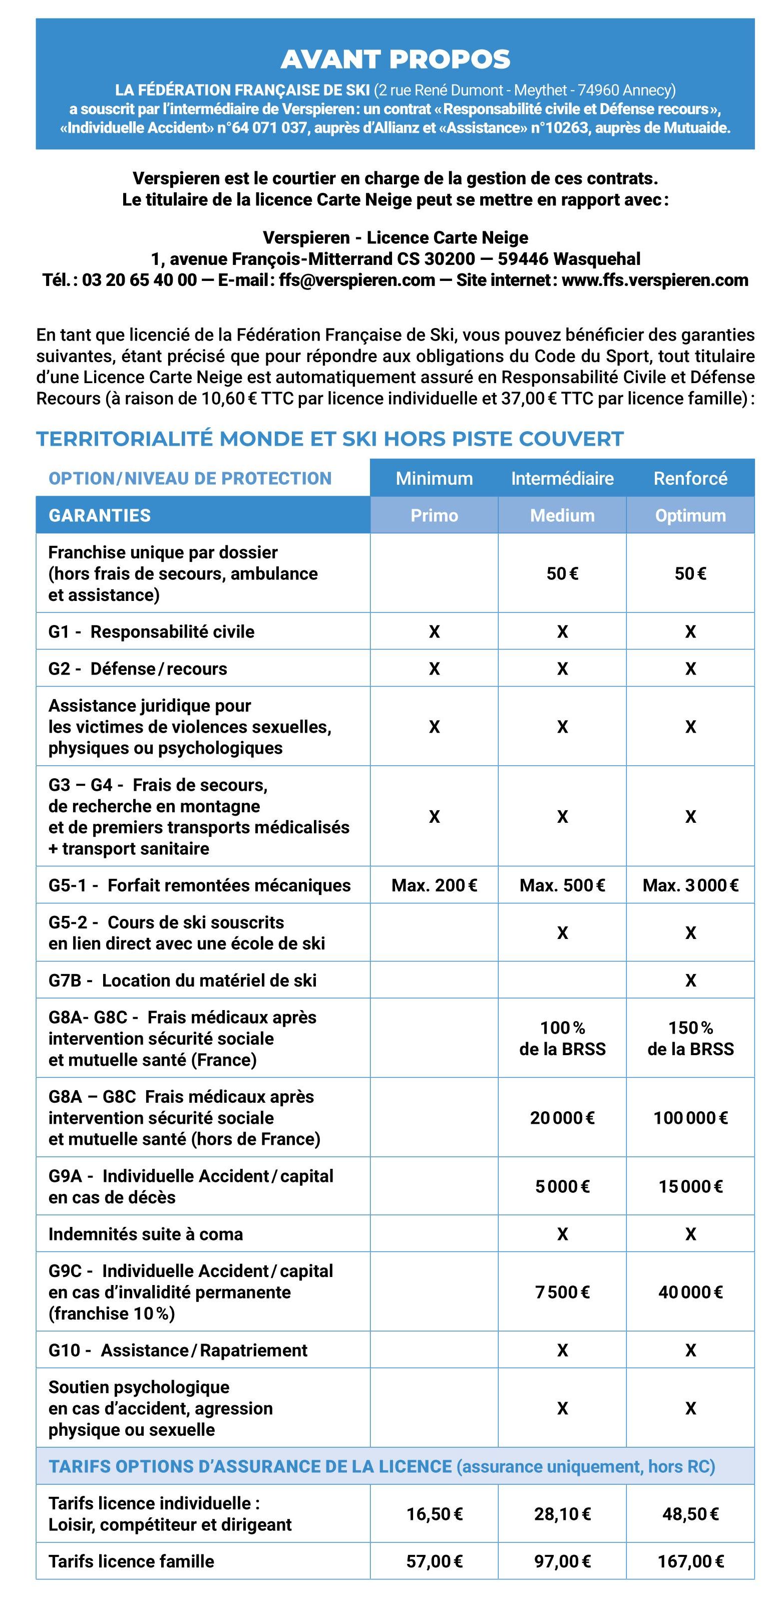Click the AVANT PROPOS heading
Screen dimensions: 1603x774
point(395,59)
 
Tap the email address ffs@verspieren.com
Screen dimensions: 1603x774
point(357,280)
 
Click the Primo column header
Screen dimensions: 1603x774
point(434,515)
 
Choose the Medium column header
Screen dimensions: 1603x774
point(562,515)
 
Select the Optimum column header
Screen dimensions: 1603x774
point(690,515)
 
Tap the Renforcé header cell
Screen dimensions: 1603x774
point(690,478)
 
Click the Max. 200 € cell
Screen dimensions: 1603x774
point(434,885)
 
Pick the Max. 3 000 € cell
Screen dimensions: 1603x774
point(690,885)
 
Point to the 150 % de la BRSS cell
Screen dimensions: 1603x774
point(690,1038)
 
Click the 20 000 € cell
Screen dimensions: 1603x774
point(562,1118)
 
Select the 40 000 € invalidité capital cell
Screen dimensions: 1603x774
point(690,1292)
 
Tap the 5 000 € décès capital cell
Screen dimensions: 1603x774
point(562,1186)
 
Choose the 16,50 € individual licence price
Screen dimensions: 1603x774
point(434,1513)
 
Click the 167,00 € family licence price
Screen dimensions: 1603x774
point(690,1561)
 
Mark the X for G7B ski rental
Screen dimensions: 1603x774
point(690,980)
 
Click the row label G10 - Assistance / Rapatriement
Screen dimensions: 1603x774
point(178,1350)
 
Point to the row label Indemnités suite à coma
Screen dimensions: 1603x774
point(146,1234)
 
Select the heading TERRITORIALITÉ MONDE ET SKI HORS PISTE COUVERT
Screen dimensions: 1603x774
point(330,439)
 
